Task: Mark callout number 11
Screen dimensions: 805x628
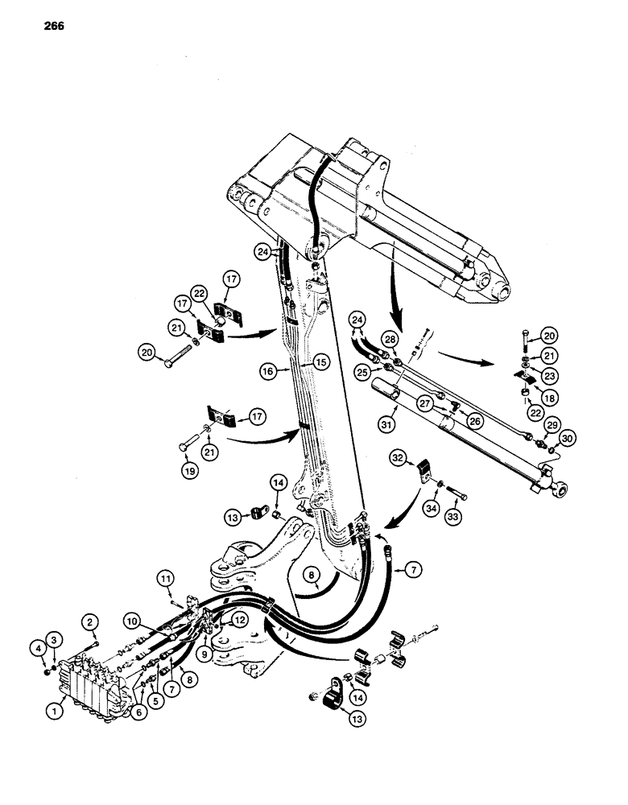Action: (165, 578)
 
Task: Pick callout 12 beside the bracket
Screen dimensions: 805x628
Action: (241, 618)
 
